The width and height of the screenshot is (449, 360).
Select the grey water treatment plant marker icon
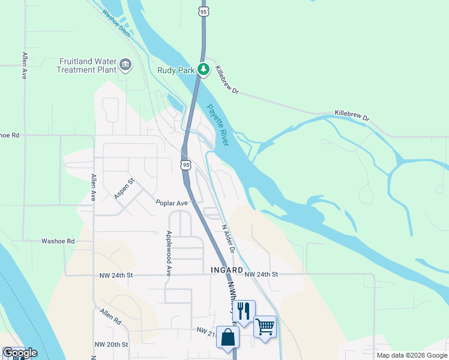pyautogui.click(x=125, y=65)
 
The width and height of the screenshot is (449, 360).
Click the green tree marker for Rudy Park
pyautogui.click(x=204, y=70)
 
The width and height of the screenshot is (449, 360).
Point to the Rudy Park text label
pyautogui.click(x=176, y=70)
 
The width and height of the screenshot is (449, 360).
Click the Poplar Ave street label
pyautogui.click(x=172, y=203)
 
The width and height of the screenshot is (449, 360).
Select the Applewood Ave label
pyautogui.click(x=169, y=253)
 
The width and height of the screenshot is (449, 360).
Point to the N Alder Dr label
pyautogui.click(x=227, y=239)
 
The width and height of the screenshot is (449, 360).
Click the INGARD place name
pyautogui.click(x=226, y=270)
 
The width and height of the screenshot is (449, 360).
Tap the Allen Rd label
pyautogui.click(x=110, y=317)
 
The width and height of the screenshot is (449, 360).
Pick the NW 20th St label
pyautogui.click(x=112, y=344)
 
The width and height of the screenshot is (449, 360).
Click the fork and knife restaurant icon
pyautogui.click(x=243, y=311)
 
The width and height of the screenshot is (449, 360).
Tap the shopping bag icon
pyautogui.click(x=228, y=337)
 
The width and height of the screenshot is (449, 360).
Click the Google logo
pyautogui.click(x=20, y=353)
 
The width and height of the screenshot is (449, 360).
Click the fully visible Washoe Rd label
pyautogui.click(x=58, y=241)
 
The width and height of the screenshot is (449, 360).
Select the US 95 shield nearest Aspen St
pyautogui.click(x=185, y=164)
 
